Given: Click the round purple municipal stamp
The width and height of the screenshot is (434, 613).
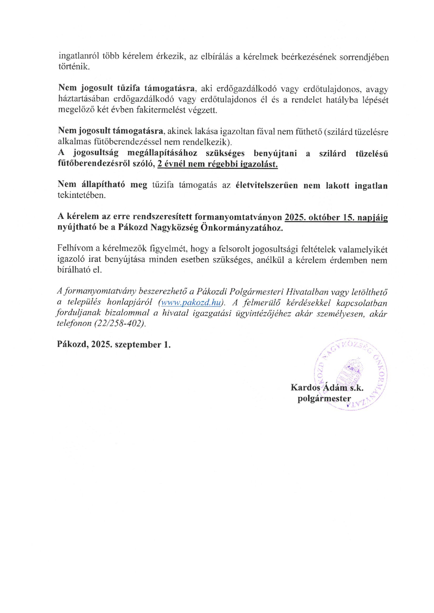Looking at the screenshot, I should click(351, 374).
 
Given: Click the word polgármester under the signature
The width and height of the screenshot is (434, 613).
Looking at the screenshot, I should click(324, 399).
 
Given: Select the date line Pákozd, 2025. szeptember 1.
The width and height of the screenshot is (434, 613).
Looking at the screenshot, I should click(114, 344).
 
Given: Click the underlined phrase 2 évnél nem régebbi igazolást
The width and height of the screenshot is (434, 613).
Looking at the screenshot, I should click(217, 164).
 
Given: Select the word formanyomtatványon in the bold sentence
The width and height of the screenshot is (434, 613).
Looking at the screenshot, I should click(238, 217).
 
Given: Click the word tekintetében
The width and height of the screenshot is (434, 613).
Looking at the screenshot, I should click(82, 195).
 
